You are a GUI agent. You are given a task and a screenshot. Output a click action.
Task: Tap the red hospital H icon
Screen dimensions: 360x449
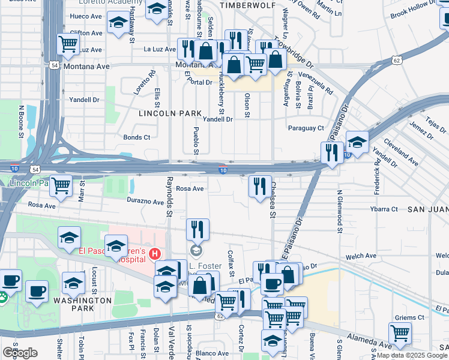pyautogui.click(x=156, y=254)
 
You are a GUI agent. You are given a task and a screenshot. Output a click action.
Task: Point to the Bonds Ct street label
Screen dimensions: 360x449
pyautogui.click(x=136, y=137)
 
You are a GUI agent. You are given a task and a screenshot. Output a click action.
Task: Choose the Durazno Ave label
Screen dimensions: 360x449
pyautogui.click(x=145, y=203)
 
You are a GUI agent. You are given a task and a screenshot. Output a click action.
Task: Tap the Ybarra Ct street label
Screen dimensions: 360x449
pyautogui.click(x=384, y=209)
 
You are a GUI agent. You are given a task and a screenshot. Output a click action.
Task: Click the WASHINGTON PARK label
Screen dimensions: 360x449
pyautogui.click(x=82, y=304)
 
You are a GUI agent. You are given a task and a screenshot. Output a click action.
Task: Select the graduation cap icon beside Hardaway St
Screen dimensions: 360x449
pyautogui.click(x=118, y=23)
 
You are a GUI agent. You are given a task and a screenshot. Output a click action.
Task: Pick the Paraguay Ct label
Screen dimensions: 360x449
pyautogui.click(x=306, y=128)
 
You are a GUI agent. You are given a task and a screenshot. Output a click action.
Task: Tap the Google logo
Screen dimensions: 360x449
pyautogui.click(x=20, y=353)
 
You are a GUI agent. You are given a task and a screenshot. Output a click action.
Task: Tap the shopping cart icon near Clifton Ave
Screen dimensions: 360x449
pyautogui.click(x=68, y=43)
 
